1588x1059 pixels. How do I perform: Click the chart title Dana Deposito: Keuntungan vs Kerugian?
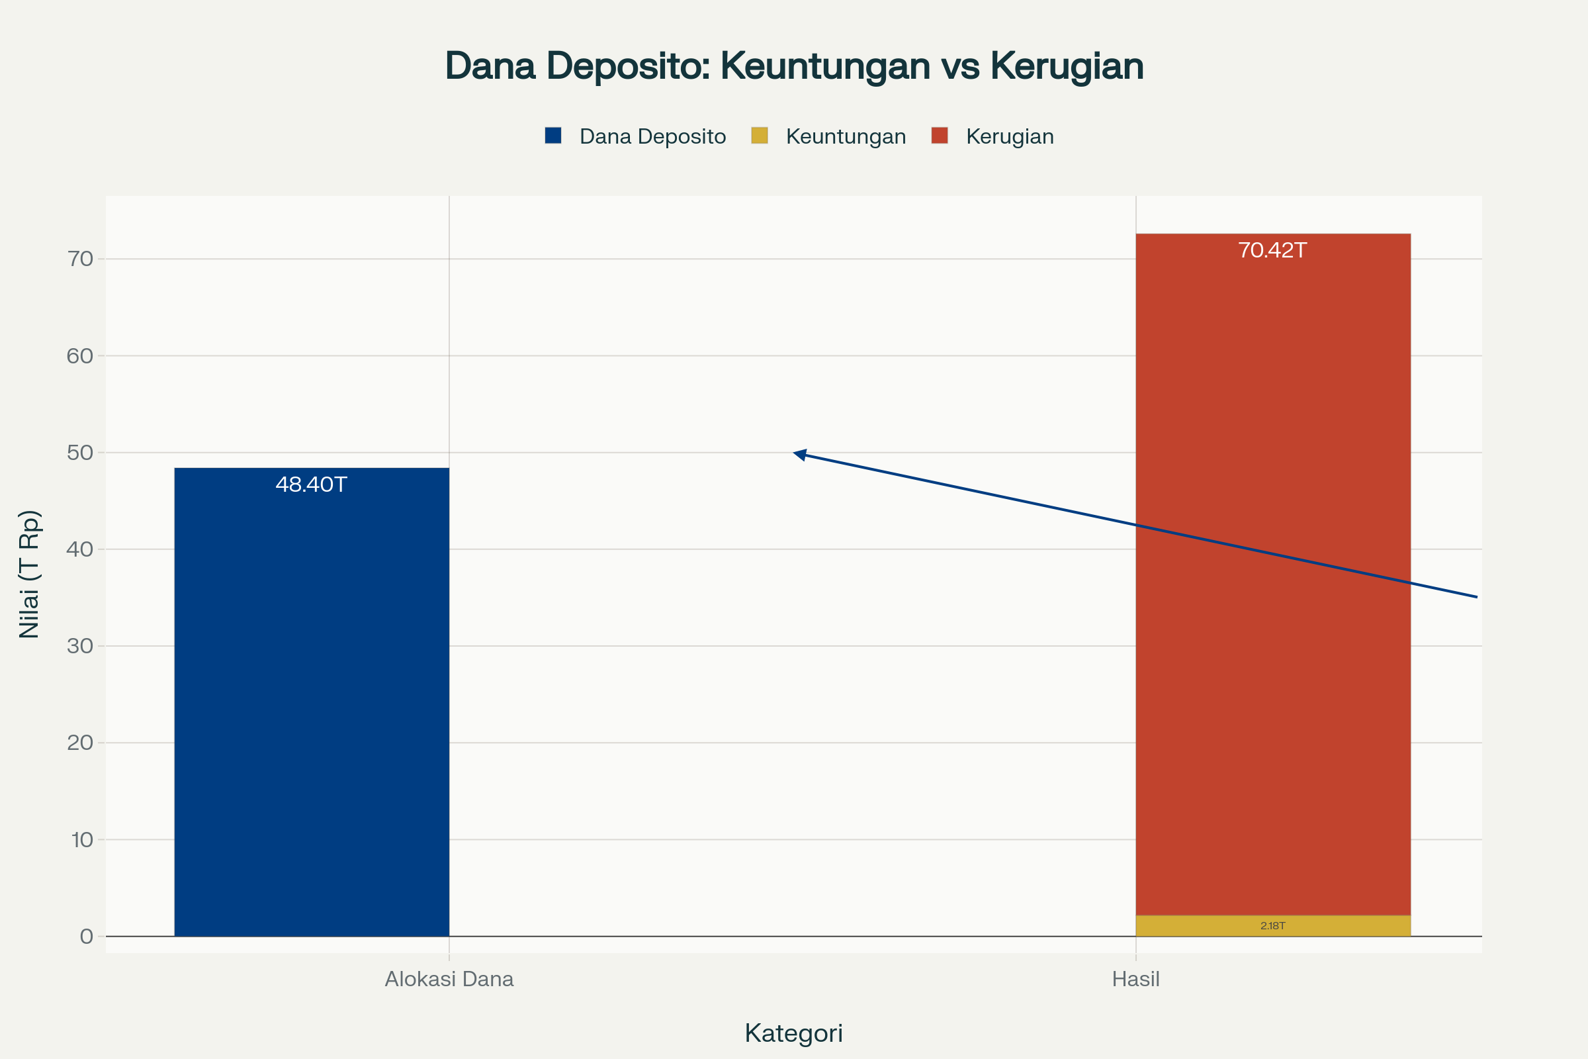tap(794, 66)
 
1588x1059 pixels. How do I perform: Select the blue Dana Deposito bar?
tap(311, 702)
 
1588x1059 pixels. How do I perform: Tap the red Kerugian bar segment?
tap(1272, 574)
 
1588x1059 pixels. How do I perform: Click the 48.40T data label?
tap(311, 485)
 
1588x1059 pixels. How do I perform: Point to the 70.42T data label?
tap(1272, 251)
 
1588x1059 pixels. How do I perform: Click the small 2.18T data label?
tap(1272, 926)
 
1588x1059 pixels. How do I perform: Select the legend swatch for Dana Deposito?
tap(553, 136)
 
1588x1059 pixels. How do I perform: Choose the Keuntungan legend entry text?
tap(846, 136)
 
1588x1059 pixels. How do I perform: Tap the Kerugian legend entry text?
tap(1010, 136)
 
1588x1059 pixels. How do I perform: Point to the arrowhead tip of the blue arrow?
tap(795, 453)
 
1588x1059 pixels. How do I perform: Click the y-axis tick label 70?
tap(79, 259)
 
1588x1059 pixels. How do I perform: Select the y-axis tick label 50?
tap(79, 453)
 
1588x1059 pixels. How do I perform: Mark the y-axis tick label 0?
tap(87, 937)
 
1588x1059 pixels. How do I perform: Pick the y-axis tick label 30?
tap(79, 647)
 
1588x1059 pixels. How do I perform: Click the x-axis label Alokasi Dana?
tap(449, 980)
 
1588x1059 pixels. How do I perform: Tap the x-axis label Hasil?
tap(1135, 980)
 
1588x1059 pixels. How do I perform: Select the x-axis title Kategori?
tap(794, 1033)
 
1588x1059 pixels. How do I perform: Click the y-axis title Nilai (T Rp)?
tap(30, 574)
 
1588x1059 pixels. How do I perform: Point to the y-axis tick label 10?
tap(81, 840)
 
